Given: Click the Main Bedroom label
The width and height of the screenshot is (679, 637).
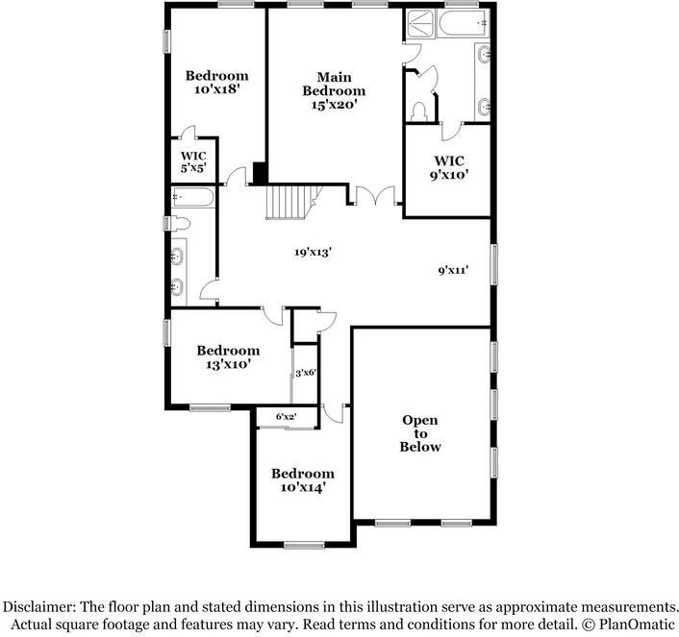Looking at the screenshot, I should pyautogui.click(x=334, y=91).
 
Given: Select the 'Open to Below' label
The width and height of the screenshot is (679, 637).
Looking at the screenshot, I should pyautogui.click(x=420, y=433).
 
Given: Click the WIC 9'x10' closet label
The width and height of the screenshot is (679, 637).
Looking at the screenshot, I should pyautogui.click(x=449, y=168).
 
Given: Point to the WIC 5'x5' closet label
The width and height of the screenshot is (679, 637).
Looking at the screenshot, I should pyautogui.click(x=193, y=160).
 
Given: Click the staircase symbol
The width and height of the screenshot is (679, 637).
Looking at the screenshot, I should pyautogui.click(x=289, y=203).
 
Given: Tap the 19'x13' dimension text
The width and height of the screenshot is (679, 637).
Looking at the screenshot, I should pyautogui.click(x=313, y=253).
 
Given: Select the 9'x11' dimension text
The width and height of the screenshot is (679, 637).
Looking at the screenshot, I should pyautogui.click(x=452, y=271).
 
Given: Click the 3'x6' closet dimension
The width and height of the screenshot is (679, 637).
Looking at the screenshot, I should pyautogui.click(x=306, y=373).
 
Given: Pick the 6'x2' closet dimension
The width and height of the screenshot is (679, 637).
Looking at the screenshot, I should pyautogui.click(x=286, y=416).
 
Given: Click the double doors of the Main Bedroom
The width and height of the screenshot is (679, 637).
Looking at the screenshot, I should pyautogui.click(x=373, y=196).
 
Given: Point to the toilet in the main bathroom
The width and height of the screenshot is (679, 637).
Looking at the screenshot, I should pyautogui.click(x=418, y=111).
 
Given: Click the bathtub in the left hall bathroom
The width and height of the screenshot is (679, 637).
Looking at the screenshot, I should pyautogui.click(x=193, y=198).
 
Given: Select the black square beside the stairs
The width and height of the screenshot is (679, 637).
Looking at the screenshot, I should pyautogui.click(x=259, y=173).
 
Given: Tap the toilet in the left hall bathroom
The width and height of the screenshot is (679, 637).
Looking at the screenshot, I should pyautogui.click(x=180, y=224).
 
